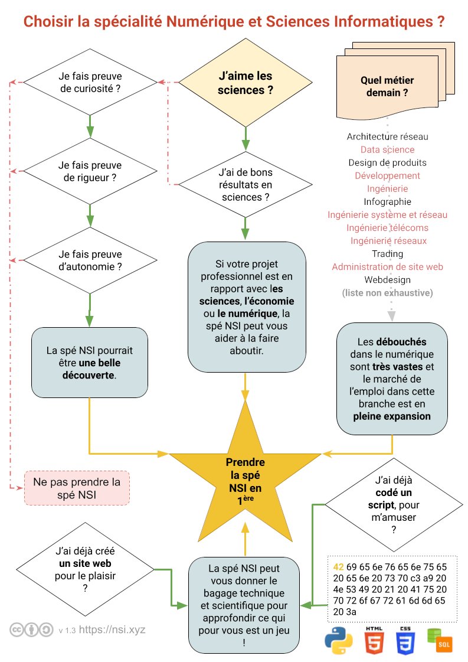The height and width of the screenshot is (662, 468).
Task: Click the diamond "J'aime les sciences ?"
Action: click(x=246, y=83)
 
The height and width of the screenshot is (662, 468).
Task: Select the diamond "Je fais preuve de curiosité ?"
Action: click(x=90, y=83)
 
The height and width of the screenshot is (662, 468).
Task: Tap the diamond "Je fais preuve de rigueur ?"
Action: click(x=90, y=171)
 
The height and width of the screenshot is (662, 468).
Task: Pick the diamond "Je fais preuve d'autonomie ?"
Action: click(x=90, y=260)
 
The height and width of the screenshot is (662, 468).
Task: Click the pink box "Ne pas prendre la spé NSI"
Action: click(x=77, y=488)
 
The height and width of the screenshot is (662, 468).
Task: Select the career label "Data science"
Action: click(x=387, y=150)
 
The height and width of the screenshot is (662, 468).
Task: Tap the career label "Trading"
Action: click(x=387, y=254)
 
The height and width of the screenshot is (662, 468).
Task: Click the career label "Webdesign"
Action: click(x=387, y=280)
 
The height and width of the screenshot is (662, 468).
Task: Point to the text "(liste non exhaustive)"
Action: click(x=387, y=293)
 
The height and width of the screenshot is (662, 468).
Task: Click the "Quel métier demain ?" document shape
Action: click(x=387, y=87)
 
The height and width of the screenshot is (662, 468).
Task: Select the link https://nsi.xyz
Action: click(x=112, y=630)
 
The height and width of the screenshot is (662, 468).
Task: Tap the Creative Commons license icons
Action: click(x=31, y=630)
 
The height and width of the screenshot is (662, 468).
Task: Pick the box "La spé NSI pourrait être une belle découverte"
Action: click(x=89, y=362)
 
